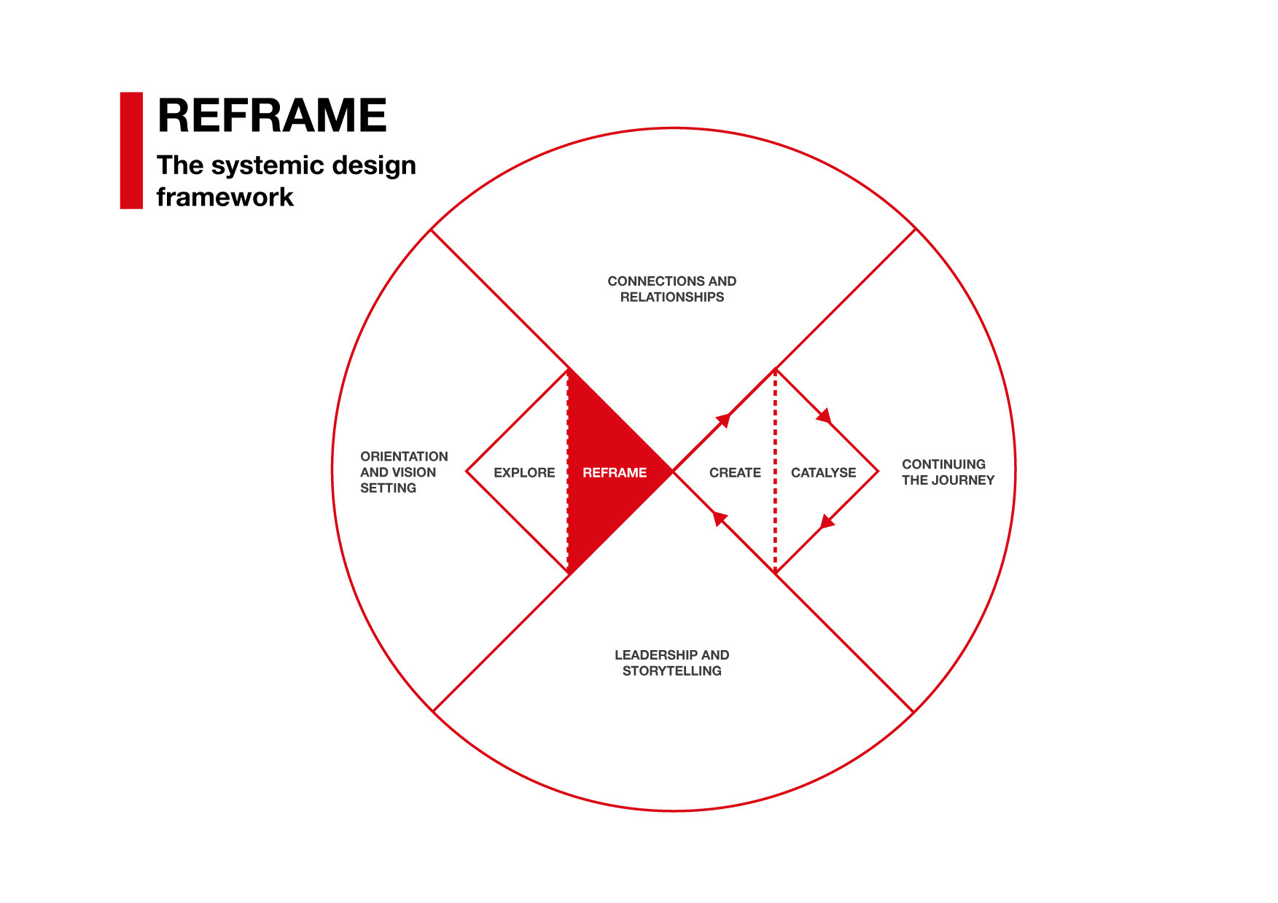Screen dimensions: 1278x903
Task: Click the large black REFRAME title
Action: point(272,115)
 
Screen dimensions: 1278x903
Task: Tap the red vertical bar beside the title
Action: point(131,151)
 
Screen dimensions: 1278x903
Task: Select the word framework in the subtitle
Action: point(225,197)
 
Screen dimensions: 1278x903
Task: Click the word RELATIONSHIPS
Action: point(671,297)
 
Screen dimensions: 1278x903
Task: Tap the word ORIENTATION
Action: point(404,457)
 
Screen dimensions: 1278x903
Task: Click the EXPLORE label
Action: point(524,473)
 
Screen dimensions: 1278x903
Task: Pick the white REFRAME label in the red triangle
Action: point(615,473)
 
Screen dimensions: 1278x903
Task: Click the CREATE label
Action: point(735,473)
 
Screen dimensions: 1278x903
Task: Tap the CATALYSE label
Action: point(823,473)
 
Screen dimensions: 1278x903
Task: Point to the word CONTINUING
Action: point(943,464)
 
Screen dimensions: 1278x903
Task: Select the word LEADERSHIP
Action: point(655,655)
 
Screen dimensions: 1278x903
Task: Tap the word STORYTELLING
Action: point(671,671)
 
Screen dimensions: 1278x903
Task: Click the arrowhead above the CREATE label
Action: point(723,419)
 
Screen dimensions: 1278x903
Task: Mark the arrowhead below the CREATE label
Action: point(720,518)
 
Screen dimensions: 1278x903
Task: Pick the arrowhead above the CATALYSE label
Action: point(825,416)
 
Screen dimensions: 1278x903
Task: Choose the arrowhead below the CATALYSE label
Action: point(827,522)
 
